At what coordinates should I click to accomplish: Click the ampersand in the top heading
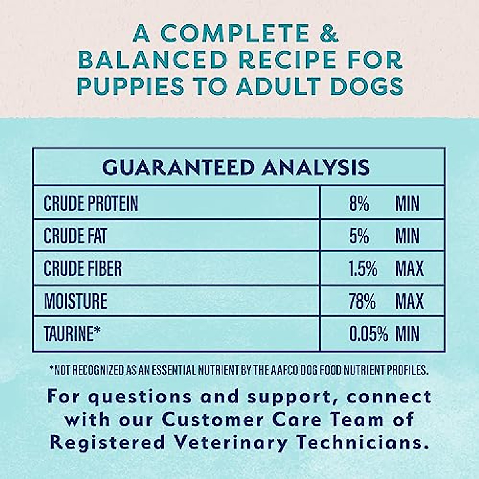pos(329,33)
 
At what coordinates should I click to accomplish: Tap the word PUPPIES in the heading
pos(131,86)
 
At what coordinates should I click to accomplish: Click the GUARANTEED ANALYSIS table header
pos(236,167)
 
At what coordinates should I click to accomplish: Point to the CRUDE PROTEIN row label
pos(91,203)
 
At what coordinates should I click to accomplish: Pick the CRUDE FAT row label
pos(75,236)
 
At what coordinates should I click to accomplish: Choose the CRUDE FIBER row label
pos(83,268)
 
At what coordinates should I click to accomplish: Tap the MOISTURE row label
pos(75,301)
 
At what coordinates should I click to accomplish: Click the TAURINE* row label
pos(72,333)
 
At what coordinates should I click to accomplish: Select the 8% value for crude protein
pos(359,203)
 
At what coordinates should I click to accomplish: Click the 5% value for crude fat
pos(359,236)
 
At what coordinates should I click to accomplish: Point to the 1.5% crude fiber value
pos(363,268)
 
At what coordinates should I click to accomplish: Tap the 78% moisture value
pos(362,301)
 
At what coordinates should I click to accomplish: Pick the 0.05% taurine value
pos(369,333)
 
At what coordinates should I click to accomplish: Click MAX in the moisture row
pos(409,301)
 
